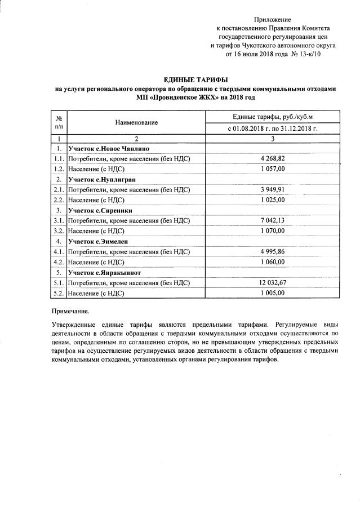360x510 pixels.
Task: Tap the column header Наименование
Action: click(137, 122)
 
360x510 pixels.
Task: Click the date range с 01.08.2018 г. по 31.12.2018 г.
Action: click(273, 128)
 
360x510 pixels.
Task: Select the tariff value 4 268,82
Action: click(273, 159)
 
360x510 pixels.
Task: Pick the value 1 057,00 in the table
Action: click(273, 169)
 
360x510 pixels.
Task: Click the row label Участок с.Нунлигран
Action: click(100, 179)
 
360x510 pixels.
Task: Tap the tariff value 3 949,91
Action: click(273, 190)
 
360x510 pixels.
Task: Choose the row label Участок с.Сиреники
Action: click(98, 210)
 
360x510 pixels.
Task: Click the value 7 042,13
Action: click(273, 221)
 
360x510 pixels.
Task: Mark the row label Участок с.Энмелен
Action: click(97, 241)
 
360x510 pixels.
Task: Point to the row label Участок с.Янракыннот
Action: click(104, 272)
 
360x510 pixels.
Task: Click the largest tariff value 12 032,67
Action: click(273, 283)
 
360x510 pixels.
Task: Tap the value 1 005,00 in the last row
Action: click(273, 293)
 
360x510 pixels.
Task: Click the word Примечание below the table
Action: click(70, 311)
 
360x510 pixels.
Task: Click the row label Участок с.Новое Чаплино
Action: click(108, 148)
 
